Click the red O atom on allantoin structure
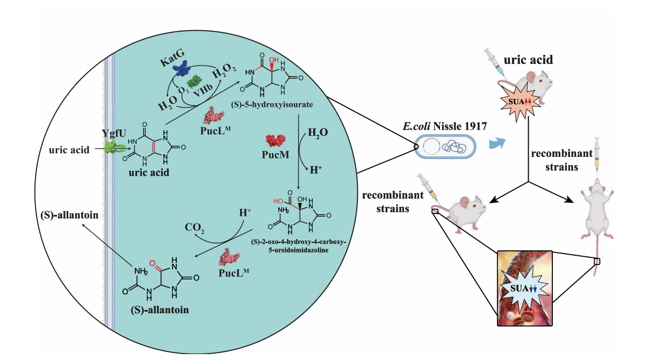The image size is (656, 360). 152,264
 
